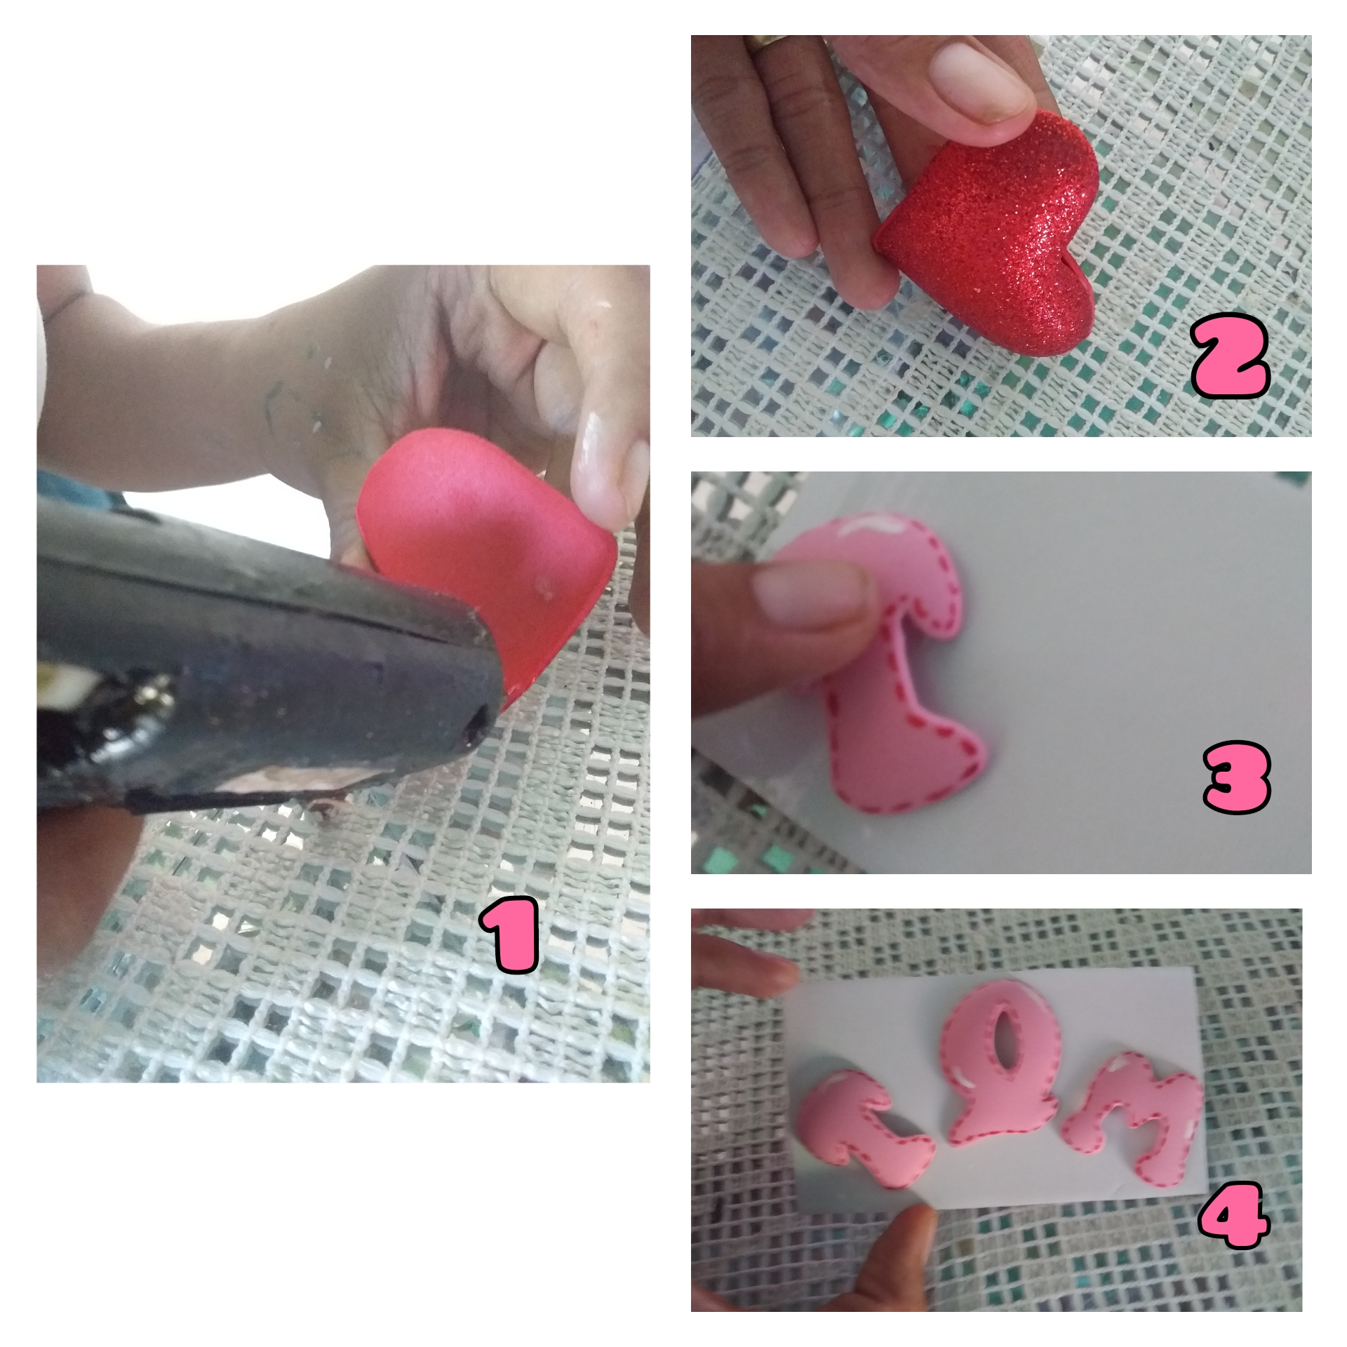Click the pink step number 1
[509, 937]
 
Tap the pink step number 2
[1231, 362]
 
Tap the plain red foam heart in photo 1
[484, 568]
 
